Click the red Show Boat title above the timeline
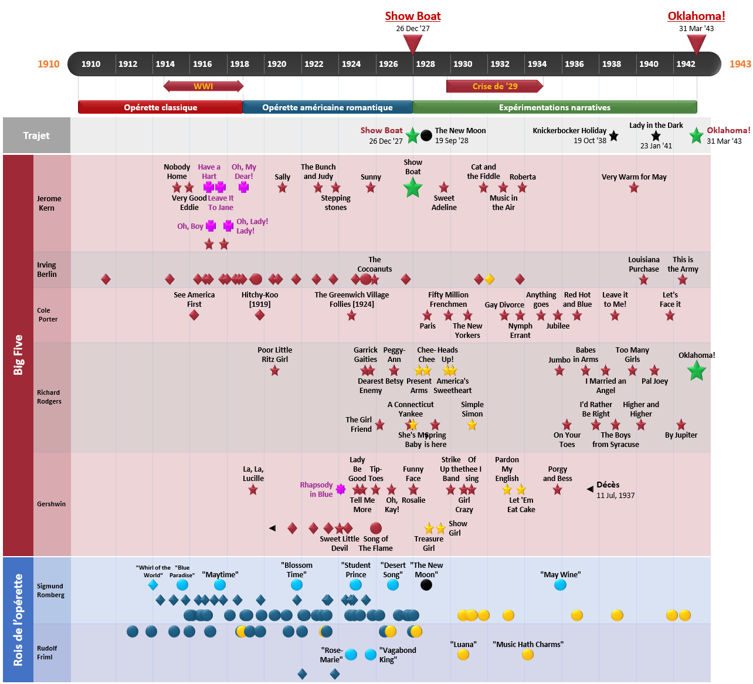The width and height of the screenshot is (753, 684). (412, 16)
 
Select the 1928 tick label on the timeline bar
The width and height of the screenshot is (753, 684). (425, 64)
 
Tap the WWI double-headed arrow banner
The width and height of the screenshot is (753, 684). (203, 86)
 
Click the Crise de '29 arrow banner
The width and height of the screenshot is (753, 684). (494, 86)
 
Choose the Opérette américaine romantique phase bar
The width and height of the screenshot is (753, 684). (327, 107)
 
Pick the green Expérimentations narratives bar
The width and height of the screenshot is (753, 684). (554, 107)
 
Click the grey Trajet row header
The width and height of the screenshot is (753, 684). (36, 136)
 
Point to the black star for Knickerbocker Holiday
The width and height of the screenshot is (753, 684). (613, 136)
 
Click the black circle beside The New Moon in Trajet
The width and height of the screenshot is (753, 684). (426, 135)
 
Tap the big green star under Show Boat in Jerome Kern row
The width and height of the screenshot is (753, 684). (413, 188)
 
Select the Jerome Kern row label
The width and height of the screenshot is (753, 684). (49, 203)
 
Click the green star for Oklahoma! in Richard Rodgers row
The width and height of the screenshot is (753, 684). (696, 371)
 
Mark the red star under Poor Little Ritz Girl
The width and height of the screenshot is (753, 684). (274, 371)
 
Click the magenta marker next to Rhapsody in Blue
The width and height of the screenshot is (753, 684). (340, 489)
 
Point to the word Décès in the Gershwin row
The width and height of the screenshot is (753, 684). (608, 485)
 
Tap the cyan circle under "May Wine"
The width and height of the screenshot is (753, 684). (560, 585)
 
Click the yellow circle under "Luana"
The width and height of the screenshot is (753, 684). (463, 655)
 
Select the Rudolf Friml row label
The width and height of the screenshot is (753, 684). (47, 652)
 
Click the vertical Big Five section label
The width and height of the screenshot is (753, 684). (18, 355)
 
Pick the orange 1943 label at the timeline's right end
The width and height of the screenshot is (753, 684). (740, 64)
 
